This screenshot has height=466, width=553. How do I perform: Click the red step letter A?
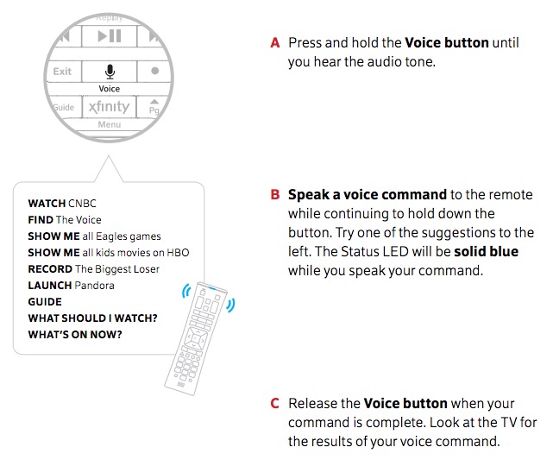pyautogui.click(x=275, y=42)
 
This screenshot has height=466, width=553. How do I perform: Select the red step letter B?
pyautogui.click(x=275, y=194)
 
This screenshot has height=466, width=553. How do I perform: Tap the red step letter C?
pyautogui.click(x=275, y=403)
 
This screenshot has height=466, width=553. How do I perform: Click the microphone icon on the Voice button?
pyautogui.click(x=110, y=72)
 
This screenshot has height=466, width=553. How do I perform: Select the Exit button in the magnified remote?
pyautogui.click(x=62, y=72)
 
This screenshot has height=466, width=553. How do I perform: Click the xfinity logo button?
pyautogui.click(x=109, y=108)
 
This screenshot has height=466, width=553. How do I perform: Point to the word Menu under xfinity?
pyautogui.click(x=110, y=125)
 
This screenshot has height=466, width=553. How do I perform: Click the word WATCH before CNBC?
pyautogui.click(x=47, y=204)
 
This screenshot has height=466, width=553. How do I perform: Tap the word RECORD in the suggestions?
pyautogui.click(x=48, y=269)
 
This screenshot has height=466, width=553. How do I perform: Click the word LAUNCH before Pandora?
pyautogui.click(x=49, y=286)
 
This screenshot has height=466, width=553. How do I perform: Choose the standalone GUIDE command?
pyautogui.click(x=45, y=302)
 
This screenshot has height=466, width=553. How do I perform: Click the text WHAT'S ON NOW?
pyautogui.click(x=75, y=335)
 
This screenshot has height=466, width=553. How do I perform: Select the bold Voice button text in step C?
pyautogui.click(x=405, y=403)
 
